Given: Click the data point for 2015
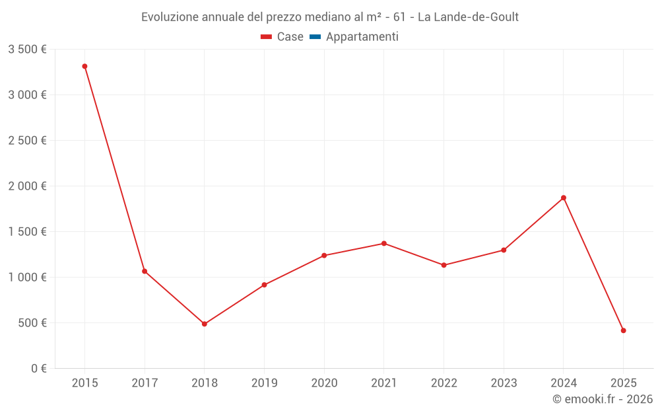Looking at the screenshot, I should click(84, 66).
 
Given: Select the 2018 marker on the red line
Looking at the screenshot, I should click(205, 324).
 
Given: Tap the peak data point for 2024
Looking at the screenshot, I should click(564, 198).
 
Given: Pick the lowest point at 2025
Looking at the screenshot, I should click(623, 330).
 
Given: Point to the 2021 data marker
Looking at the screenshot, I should click(384, 243).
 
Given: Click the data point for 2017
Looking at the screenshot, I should click(145, 271).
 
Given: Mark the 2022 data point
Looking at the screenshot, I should click(444, 265).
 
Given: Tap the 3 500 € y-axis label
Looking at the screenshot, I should click(27, 50).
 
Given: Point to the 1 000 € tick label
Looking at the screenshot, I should click(27, 278).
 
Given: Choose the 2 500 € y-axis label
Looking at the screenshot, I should click(27, 141).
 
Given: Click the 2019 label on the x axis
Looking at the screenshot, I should click(264, 383).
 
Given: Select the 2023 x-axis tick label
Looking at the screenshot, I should click(504, 383).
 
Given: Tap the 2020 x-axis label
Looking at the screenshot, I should click(324, 383).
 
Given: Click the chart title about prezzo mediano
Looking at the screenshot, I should click(330, 17).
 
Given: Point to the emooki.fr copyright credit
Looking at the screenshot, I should click(602, 399).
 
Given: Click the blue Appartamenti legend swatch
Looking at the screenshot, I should click(315, 37).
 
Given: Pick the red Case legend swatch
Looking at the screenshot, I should click(267, 37).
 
